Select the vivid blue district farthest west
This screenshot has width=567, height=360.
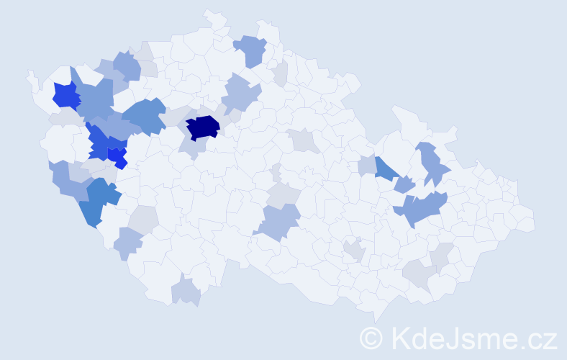65,95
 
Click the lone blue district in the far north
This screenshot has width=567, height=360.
251,50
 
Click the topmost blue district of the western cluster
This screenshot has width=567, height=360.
127,66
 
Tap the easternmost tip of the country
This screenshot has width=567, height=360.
535,220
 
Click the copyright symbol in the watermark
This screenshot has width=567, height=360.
372,337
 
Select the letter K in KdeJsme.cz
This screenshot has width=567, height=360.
399,337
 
